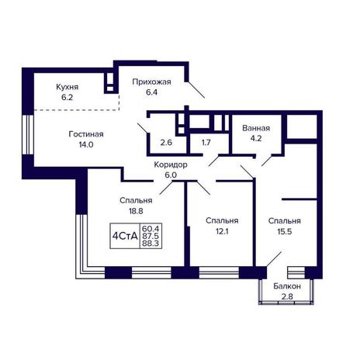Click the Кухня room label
click(67, 87)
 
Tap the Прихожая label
click(151, 82)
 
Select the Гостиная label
click(86, 134)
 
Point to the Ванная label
click(256, 128)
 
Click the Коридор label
click(171, 164)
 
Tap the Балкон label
click(287, 286)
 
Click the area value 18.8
click(136, 211)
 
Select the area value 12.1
click(222, 231)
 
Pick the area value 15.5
click(285, 231)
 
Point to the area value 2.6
click(166, 142)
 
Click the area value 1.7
click(206, 142)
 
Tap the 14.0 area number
click(86, 144)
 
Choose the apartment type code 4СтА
click(125, 236)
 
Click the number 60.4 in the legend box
click(151, 229)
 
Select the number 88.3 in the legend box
click(151, 243)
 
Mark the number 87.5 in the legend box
click(151, 236)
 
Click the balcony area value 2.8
click(287, 296)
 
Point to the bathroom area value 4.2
click(256, 138)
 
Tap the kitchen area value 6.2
click(67, 98)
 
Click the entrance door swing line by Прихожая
click(196, 90)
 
